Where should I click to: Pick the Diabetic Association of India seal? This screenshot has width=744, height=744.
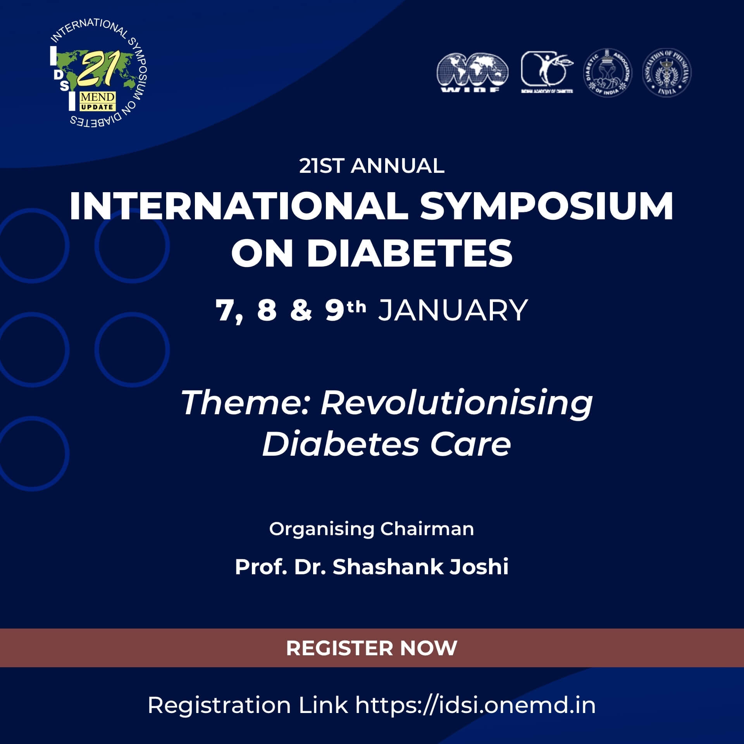click(x=607, y=72)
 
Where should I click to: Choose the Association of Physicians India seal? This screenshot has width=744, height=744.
click(x=667, y=72)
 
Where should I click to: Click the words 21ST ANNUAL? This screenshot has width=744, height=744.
click(x=372, y=166)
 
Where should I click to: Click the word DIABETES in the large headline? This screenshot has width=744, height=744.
click(x=410, y=253)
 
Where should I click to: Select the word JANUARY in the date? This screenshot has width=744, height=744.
click(x=453, y=310)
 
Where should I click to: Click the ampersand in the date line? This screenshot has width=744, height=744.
click(x=300, y=310)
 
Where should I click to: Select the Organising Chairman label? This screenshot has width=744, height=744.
click(x=372, y=529)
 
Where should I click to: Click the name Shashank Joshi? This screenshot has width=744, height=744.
click(x=420, y=567)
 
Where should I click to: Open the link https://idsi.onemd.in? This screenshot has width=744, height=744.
click(x=475, y=705)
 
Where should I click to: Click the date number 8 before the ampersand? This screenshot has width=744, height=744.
click(x=267, y=310)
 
